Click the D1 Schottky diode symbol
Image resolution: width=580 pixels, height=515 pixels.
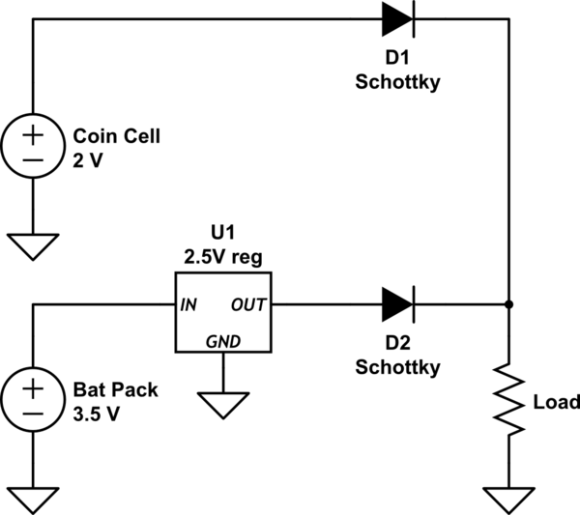pyautogui.click(x=397, y=16)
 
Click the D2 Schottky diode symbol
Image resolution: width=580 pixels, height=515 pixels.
pyautogui.click(x=397, y=304)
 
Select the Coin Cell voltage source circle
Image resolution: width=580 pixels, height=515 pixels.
pyautogui.click(x=33, y=145)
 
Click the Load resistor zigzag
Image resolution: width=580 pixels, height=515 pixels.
pyautogui.click(x=508, y=400)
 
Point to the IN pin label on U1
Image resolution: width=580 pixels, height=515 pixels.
pyautogui.click(x=189, y=305)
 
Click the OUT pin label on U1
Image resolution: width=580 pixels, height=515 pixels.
pyautogui.click(x=247, y=305)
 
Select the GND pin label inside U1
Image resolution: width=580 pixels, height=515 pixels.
pyautogui.click(x=222, y=341)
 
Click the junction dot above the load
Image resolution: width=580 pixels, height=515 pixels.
pyautogui.click(x=508, y=304)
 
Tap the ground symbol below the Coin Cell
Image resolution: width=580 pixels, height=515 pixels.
pyautogui.click(x=33, y=245)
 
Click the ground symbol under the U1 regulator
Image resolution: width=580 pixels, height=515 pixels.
pyautogui.click(x=222, y=404)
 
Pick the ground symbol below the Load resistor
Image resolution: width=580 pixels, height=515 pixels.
pyautogui.click(x=508, y=500)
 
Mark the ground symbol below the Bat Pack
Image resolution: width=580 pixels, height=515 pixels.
pyautogui.click(x=33, y=500)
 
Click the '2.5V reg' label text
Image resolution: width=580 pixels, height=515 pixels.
pyautogui.click(x=222, y=256)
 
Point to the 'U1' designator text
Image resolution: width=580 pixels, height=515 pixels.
pyautogui.click(x=222, y=234)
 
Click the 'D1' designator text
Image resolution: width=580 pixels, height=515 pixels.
pyautogui.click(x=397, y=60)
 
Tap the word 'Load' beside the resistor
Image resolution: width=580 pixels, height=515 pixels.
pyautogui.click(x=556, y=401)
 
